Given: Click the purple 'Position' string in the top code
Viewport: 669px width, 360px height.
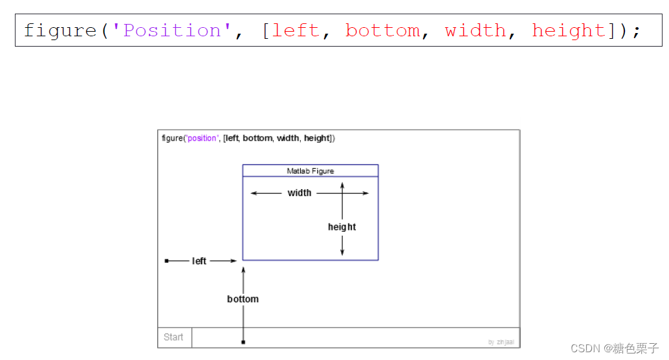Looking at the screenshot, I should [x=171, y=30].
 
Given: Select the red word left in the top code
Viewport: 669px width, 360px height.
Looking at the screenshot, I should [x=296, y=30].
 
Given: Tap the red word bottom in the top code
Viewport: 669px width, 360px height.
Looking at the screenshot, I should [x=382, y=30].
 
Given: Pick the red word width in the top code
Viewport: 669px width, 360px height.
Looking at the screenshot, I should [x=476, y=30].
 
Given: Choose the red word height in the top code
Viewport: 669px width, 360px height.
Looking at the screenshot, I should [x=569, y=30].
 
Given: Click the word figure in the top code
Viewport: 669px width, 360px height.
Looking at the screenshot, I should [x=60, y=30].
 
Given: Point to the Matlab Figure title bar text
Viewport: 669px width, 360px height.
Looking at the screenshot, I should [x=311, y=171].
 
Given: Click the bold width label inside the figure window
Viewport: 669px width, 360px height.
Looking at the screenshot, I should [x=300, y=193].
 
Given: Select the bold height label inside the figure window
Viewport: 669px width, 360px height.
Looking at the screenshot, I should [x=342, y=227].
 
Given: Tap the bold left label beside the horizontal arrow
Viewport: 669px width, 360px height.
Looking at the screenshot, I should [x=199, y=261].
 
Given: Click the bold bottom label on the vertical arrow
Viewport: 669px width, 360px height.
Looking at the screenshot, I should [x=243, y=299].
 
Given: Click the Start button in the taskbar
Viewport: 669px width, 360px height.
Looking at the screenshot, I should [x=173, y=337].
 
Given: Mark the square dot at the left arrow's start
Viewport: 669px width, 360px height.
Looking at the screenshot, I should [x=166, y=261].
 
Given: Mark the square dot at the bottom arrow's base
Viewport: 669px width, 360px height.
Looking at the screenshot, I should [x=243, y=342].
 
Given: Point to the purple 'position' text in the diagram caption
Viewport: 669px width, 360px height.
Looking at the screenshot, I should [x=202, y=138].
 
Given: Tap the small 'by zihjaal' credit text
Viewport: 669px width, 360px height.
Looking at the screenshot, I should [x=501, y=342].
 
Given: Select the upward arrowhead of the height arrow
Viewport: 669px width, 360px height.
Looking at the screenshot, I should [x=342, y=185].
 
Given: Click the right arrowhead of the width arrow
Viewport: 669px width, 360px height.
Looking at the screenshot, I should [x=366, y=193].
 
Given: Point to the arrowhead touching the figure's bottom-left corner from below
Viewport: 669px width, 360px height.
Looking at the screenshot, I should [x=243, y=269].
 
